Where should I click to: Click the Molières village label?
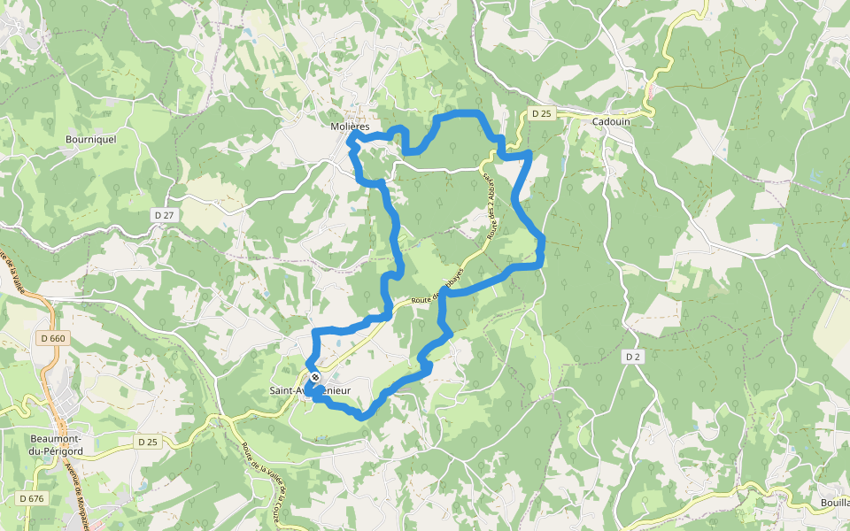point(349,127)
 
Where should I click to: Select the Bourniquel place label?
point(91,139)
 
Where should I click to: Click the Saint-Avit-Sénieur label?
point(311,390)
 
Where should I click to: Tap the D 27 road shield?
point(162,215)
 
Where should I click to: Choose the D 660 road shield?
point(53,338)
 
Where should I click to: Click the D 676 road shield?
point(29,499)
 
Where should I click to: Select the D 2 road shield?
point(632,356)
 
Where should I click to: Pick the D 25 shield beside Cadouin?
point(541,113)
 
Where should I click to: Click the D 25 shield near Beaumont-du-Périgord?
point(147,441)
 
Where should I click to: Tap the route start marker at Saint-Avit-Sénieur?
point(314,378)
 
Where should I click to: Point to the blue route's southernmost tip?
point(360,415)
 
